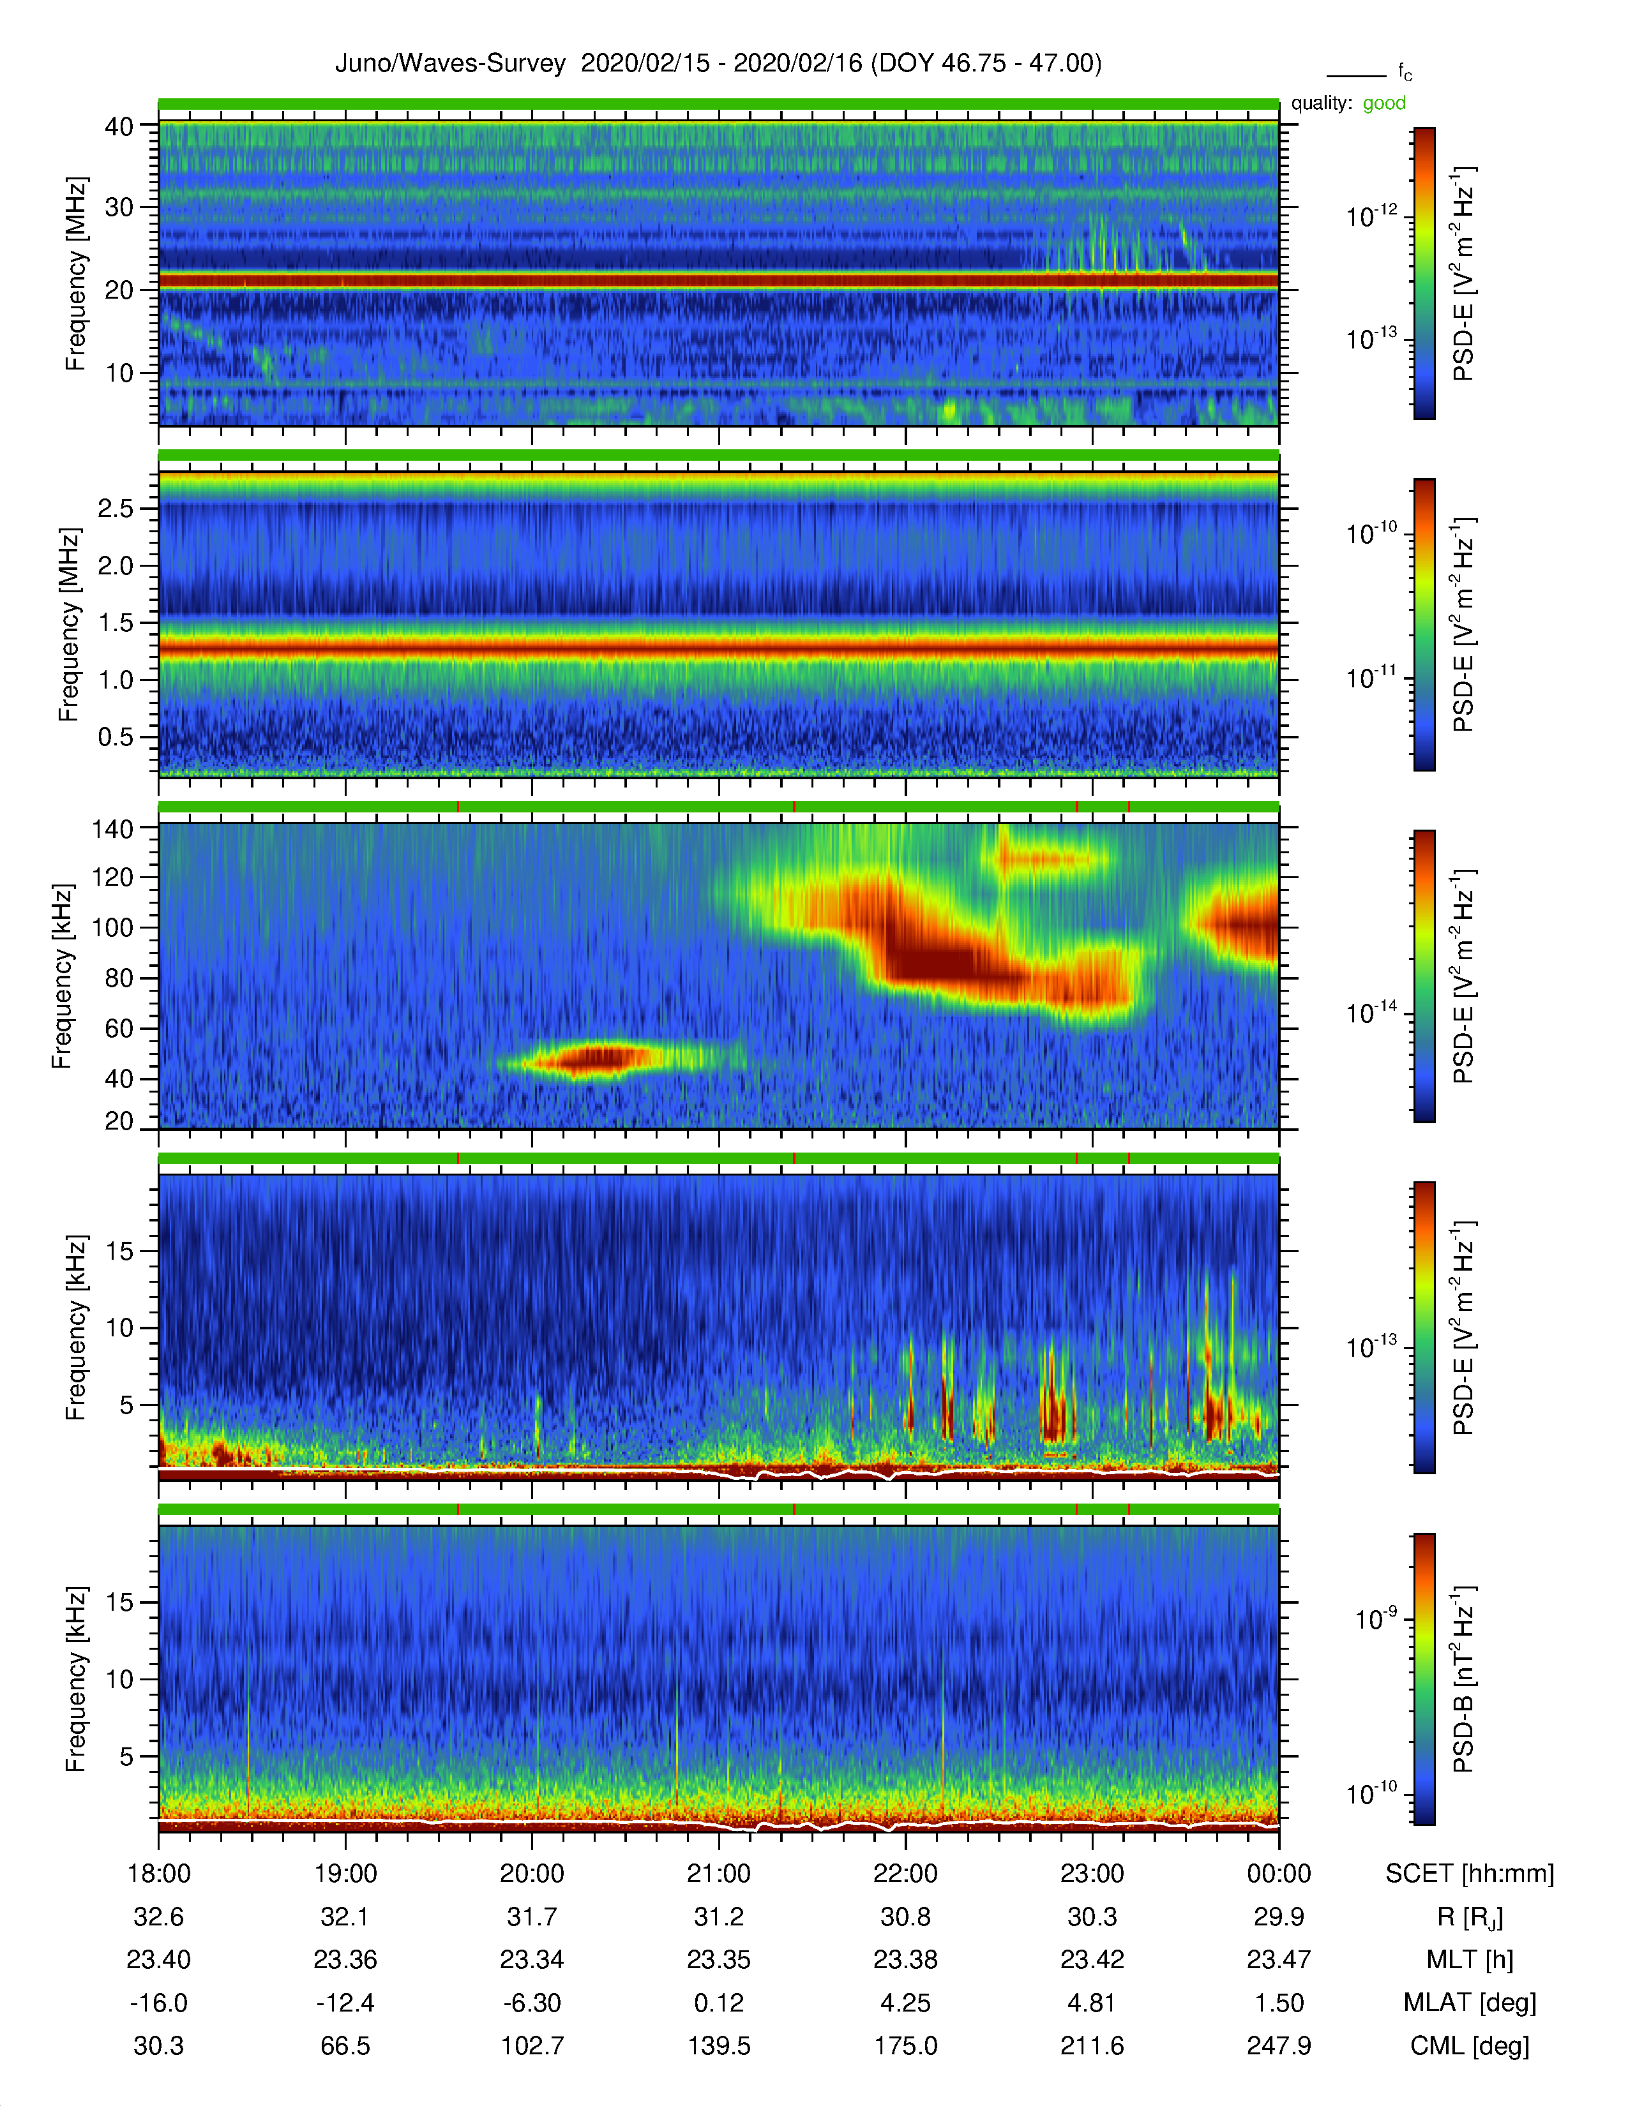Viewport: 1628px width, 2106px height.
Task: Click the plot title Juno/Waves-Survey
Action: [x=449, y=64]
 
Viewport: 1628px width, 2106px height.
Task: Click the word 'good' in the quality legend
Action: [x=1384, y=103]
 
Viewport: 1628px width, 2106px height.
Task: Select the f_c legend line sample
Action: [x=1356, y=75]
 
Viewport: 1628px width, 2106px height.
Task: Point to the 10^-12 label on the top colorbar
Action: [x=1373, y=216]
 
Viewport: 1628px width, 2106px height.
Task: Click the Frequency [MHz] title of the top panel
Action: [x=75, y=274]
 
